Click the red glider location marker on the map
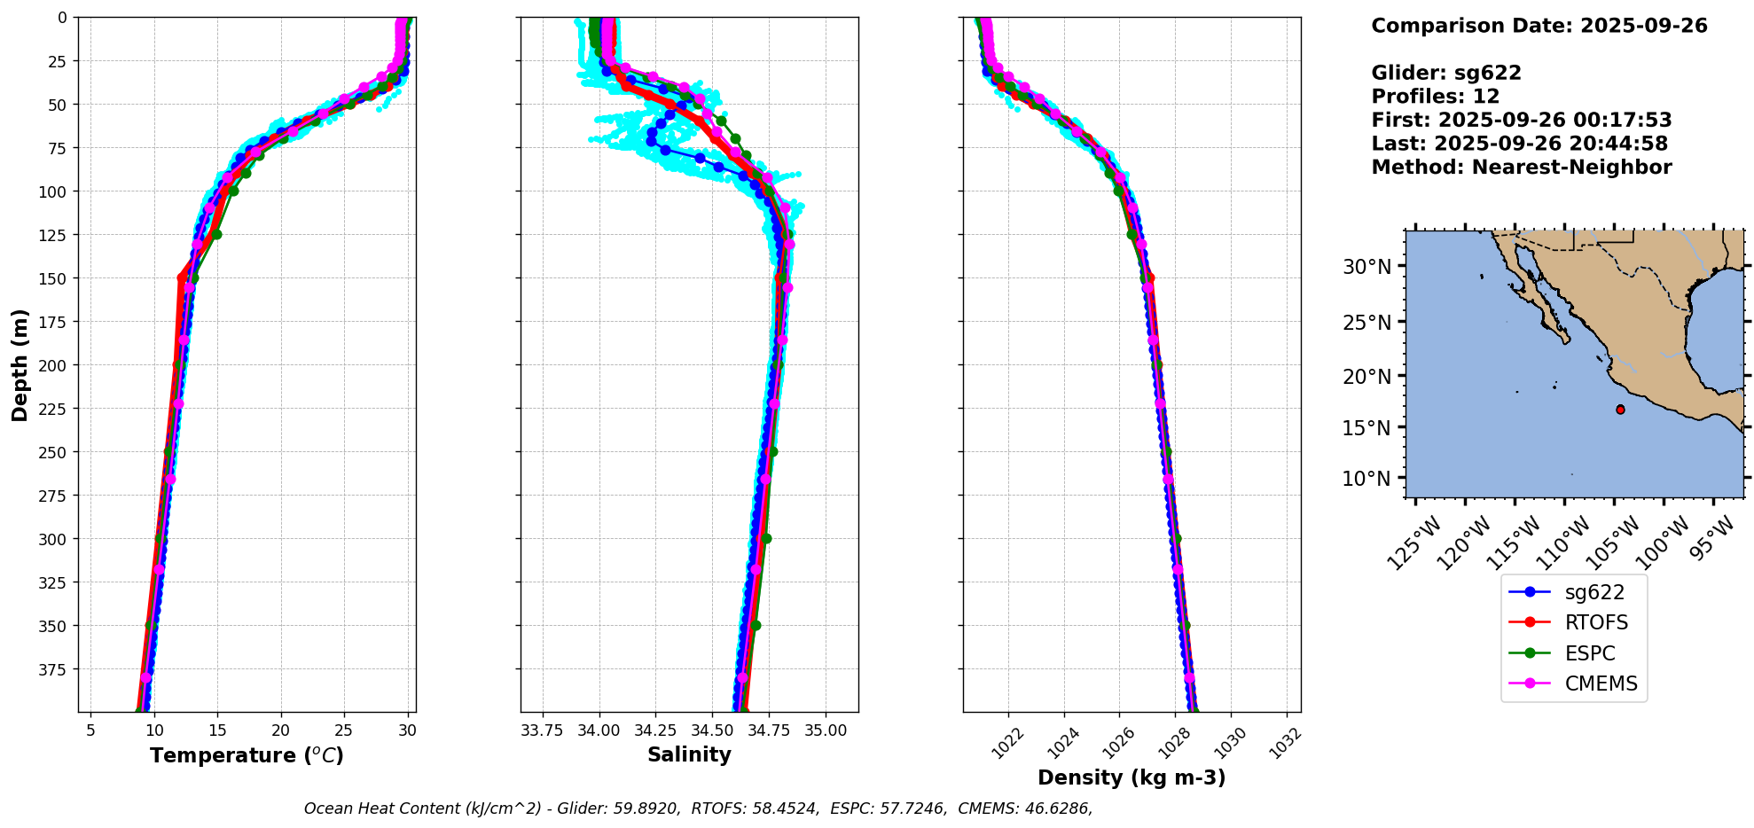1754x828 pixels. pyautogui.click(x=1620, y=410)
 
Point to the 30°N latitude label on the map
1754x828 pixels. pyautogui.click(x=1366, y=266)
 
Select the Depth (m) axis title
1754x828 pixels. pyautogui.click(x=20, y=364)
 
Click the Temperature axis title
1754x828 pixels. pyautogui.click(x=247, y=755)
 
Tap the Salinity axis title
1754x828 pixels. pyautogui.click(x=689, y=754)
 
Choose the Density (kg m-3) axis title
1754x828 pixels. pyautogui.click(x=1131, y=777)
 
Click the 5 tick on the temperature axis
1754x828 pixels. pyautogui.click(x=90, y=730)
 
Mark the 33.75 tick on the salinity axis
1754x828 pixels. pyautogui.click(x=542, y=730)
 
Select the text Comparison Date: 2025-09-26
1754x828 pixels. pyautogui.click(x=1539, y=26)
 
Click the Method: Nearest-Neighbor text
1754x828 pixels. pyautogui.click(x=1521, y=167)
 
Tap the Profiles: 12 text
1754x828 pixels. pyautogui.click(x=1435, y=96)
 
